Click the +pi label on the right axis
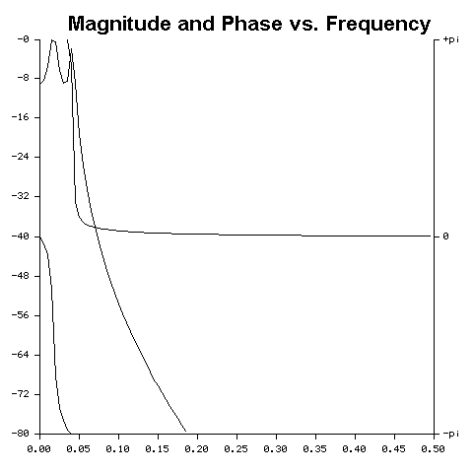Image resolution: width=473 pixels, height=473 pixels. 448,39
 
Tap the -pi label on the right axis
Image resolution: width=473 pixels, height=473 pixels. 448,434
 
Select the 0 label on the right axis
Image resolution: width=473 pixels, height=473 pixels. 444,236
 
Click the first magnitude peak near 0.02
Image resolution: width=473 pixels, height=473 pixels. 53,41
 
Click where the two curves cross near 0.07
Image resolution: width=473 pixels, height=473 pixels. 92,227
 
